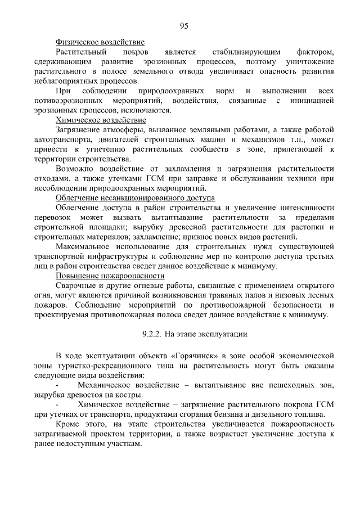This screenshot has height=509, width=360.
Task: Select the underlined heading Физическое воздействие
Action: (x=100, y=42)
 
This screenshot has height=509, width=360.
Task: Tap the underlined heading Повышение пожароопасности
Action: (x=110, y=276)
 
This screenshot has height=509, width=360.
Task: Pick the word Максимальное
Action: (x=84, y=246)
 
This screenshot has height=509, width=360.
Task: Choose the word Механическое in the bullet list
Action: (x=105, y=385)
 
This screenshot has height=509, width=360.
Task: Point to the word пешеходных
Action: (x=282, y=385)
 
